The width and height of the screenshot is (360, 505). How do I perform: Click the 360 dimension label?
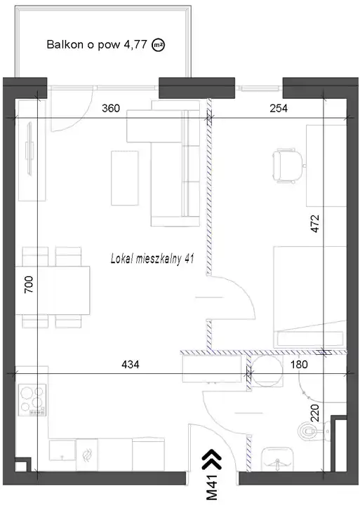111,108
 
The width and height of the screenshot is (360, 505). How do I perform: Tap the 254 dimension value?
279,108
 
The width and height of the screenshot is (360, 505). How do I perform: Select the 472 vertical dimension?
314,224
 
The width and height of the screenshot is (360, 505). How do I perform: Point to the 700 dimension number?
29,284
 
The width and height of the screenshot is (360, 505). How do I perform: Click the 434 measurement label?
131,364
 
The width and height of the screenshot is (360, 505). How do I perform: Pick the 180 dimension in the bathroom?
299,364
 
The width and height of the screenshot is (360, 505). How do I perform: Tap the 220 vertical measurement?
314,413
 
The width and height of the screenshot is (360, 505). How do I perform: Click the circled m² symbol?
158,45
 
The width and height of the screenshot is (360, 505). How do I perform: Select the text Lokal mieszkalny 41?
152,259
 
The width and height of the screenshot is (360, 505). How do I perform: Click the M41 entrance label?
212,487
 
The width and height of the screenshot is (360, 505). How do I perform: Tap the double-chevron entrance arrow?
212,459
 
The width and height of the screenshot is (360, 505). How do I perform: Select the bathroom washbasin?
277,459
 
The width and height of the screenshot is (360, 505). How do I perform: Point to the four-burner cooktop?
32,400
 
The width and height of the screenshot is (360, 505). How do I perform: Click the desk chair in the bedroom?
288,166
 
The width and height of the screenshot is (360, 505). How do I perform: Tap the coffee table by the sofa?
125,177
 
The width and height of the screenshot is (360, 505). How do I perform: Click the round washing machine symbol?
267,371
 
